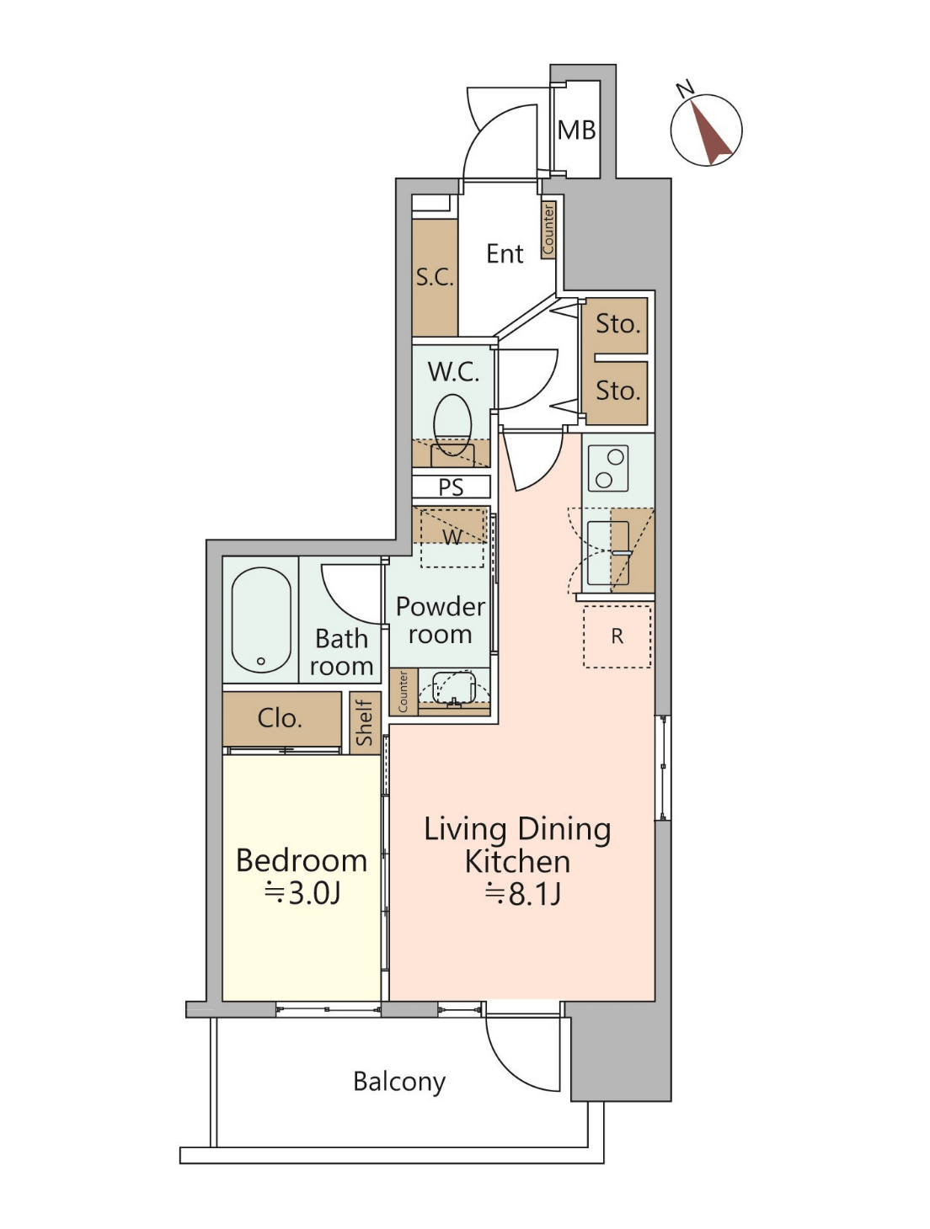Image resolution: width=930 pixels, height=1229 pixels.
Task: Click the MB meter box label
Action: pyautogui.click(x=576, y=130)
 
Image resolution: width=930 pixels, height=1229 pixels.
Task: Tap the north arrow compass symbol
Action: pyautogui.click(x=706, y=130)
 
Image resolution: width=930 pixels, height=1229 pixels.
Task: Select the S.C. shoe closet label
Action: pyautogui.click(x=434, y=277)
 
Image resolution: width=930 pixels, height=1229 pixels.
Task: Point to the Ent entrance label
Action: pyautogui.click(x=505, y=253)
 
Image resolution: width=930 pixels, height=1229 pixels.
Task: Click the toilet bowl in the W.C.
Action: pyautogui.click(x=452, y=424)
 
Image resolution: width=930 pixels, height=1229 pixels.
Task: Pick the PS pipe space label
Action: pyautogui.click(x=451, y=487)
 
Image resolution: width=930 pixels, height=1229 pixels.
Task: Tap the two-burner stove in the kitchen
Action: pyautogui.click(x=608, y=469)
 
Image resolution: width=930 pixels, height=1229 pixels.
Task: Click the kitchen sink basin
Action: pyautogui.click(x=608, y=553)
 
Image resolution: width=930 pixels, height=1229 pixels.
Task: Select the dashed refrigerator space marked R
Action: pyautogui.click(x=617, y=636)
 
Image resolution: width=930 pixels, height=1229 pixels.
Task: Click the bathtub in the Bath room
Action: pyautogui.click(x=261, y=620)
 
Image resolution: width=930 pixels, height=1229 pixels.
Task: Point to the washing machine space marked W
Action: pyautogui.click(x=452, y=537)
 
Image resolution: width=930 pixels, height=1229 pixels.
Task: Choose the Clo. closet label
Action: pyautogui.click(x=280, y=718)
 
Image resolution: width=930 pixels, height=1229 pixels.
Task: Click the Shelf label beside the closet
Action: pyautogui.click(x=365, y=722)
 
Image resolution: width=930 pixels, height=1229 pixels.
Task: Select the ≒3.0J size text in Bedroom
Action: pyautogui.click(x=302, y=894)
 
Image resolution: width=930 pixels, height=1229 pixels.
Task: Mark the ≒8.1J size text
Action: pyautogui.click(x=522, y=895)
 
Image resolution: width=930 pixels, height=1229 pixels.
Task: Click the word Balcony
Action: pyautogui.click(x=399, y=1082)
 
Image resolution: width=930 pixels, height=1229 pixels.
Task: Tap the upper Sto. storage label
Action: pyautogui.click(x=617, y=323)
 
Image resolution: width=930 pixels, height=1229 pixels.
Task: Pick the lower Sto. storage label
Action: pyautogui.click(x=617, y=391)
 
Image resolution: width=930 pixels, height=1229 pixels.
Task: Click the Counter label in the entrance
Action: pyautogui.click(x=548, y=229)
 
